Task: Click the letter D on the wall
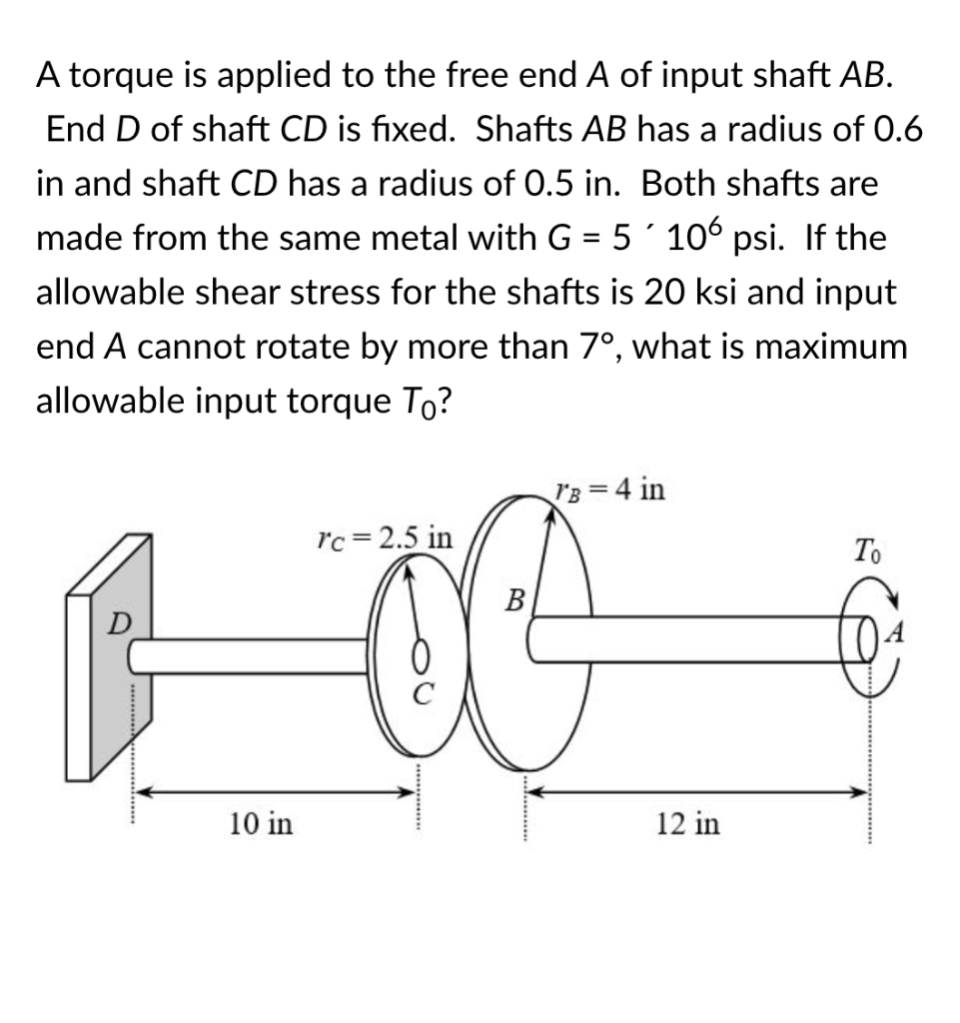coord(117,624)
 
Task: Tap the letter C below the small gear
coord(423,695)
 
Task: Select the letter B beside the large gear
coord(515,601)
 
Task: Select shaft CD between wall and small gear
coord(250,655)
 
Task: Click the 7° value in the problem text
coord(597,347)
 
